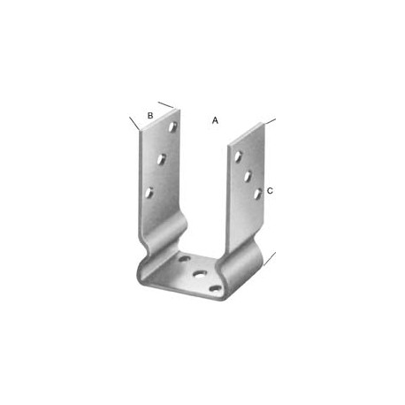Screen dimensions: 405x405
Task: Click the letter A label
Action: (x=215, y=120)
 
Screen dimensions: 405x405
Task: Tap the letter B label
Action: (x=150, y=116)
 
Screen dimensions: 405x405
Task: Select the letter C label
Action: (x=270, y=191)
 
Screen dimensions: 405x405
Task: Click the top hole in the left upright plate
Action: (x=172, y=126)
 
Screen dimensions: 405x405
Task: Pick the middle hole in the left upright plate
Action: (x=161, y=159)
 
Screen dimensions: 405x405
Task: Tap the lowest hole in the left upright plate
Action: (x=149, y=193)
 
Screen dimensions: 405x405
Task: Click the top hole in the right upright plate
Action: (x=239, y=157)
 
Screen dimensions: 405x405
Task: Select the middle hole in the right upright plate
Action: (x=248, y=176)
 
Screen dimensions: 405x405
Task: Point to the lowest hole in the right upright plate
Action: (x=258, y=194)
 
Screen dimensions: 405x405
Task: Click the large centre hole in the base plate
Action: (x=200, y=274)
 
